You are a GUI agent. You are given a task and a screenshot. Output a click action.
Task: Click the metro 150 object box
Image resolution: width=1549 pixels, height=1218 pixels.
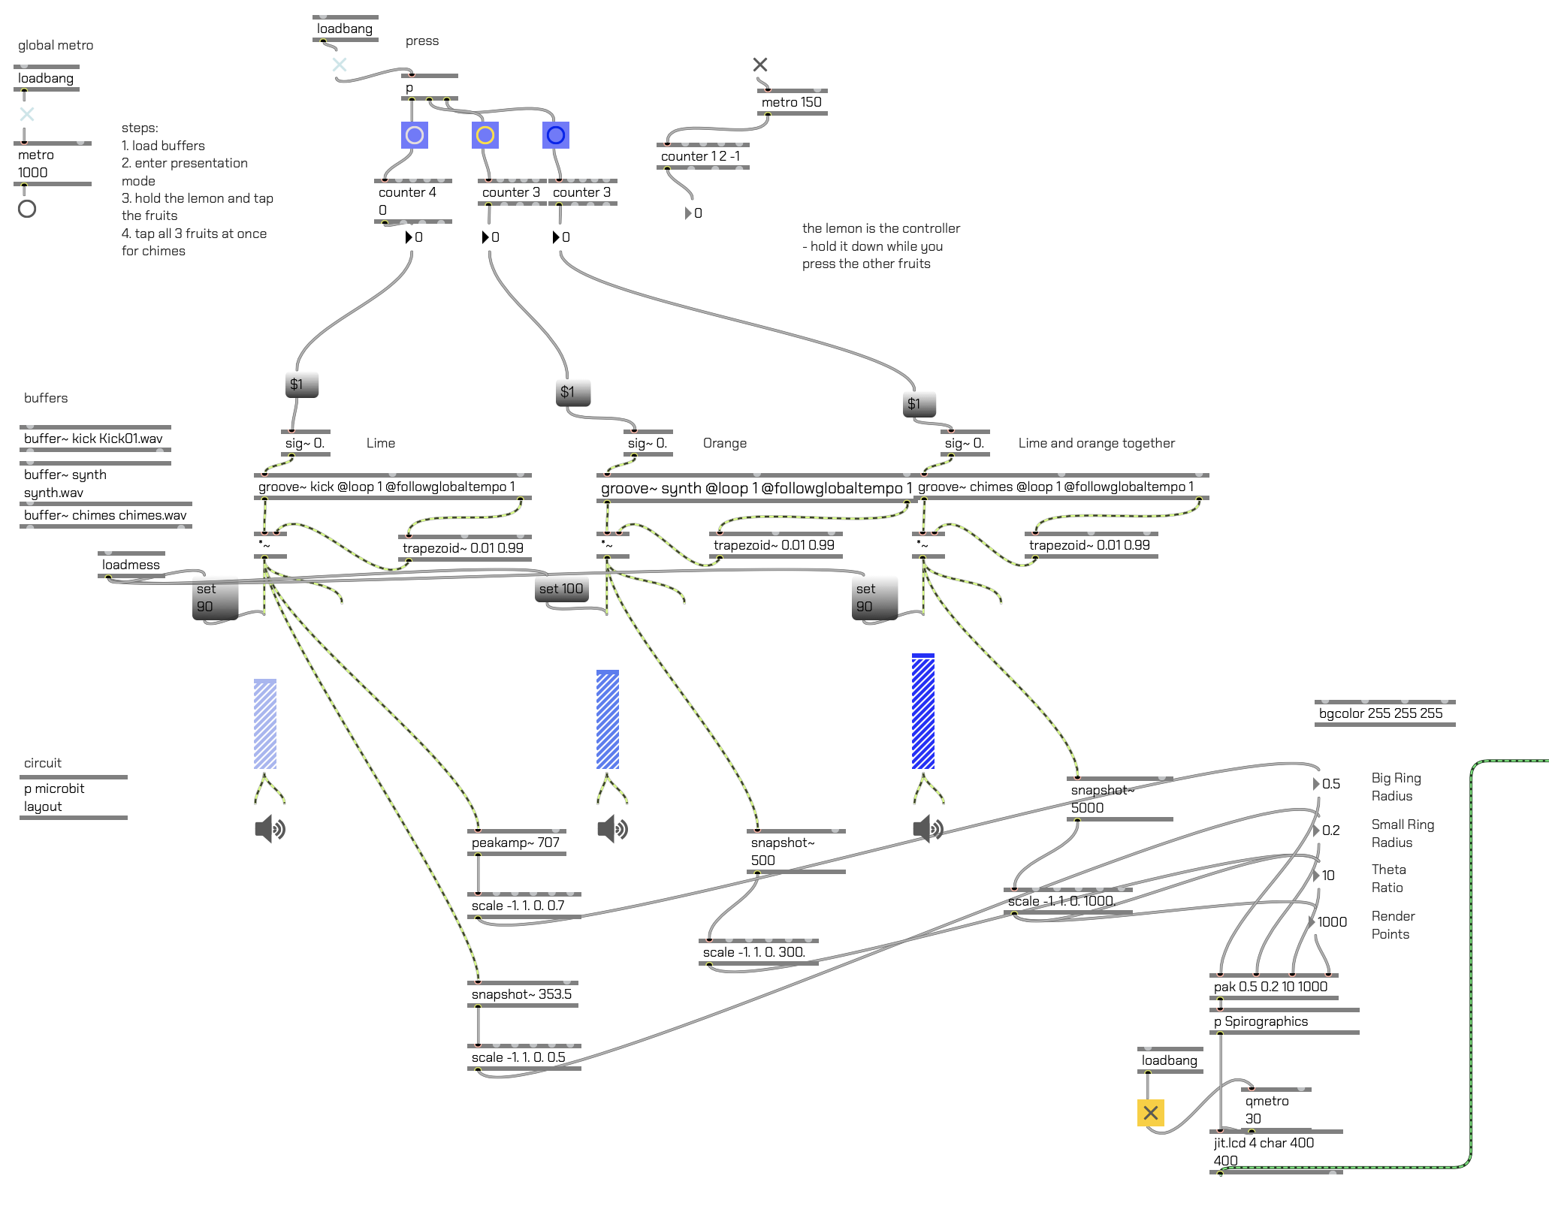point(792,102)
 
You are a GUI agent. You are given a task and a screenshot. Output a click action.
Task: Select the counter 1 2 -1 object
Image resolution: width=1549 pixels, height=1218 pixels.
point(702,156)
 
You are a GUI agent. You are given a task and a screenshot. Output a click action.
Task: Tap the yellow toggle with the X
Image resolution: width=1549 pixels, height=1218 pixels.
point(1150,1113)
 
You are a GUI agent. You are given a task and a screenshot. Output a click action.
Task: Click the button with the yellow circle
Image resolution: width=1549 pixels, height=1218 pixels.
point(485,135)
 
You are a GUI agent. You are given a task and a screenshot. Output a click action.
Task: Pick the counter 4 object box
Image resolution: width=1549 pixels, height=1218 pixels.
point(412,201)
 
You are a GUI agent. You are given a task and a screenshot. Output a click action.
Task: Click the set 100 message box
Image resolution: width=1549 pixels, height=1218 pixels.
point(561,589)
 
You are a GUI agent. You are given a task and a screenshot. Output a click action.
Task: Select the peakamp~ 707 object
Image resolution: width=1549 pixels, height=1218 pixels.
point(517,843)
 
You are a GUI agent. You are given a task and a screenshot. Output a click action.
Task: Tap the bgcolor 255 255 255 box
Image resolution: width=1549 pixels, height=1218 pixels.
point(1384,713)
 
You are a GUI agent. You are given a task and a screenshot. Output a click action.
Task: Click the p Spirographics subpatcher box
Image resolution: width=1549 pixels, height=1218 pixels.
point(1284,1021)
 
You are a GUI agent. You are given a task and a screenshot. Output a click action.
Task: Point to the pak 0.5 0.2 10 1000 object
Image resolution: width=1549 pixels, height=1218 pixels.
point(1273,987)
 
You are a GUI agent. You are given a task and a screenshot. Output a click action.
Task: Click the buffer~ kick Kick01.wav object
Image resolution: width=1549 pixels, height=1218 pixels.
point(95,439)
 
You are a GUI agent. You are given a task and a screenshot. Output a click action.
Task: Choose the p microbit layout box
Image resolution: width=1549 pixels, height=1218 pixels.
point(74,797)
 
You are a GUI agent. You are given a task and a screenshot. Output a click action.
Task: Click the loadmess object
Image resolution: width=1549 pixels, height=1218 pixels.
point(131,565)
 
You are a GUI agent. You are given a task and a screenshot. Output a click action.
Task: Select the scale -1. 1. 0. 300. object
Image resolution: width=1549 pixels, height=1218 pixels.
point(758,952)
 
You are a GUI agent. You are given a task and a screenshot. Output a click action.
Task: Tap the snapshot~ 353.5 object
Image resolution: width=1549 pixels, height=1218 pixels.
point(522,994)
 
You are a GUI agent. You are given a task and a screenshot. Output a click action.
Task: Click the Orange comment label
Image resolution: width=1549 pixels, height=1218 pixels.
point(725,443)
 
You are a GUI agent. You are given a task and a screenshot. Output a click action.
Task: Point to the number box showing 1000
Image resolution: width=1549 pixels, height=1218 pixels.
point(1328,922)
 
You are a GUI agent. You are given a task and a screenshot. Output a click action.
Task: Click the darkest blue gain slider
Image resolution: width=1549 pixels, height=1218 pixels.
point(923,711)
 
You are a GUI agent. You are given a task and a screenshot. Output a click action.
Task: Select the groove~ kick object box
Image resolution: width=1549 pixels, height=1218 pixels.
point(393,487)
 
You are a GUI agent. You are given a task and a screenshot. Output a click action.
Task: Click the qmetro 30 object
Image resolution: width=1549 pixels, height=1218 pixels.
point(1276,1110)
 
